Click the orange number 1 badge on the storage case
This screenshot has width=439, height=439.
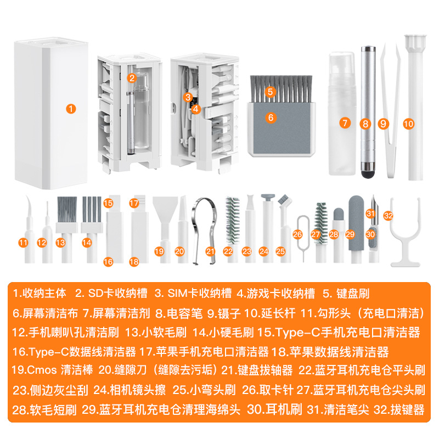[70, 109]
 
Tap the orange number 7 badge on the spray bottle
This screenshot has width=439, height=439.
[345, 123]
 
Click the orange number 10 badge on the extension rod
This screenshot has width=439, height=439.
[408, 124]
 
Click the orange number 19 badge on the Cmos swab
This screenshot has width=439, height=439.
[160, 251]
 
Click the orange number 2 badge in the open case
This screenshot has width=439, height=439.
[132, 78]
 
